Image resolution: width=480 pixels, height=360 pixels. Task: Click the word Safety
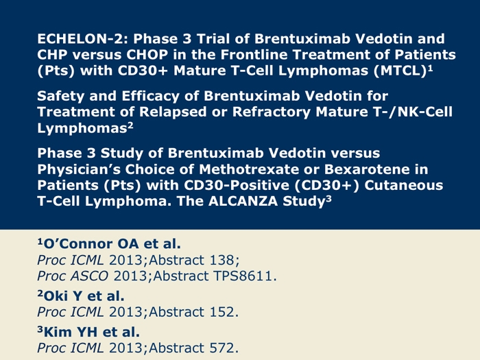(x=60, y=96)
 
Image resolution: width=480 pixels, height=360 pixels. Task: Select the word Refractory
(x=272, y=112)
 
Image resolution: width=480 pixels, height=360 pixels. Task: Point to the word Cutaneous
(x=403, y=185)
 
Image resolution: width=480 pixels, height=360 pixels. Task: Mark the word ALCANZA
(x=243, y=201)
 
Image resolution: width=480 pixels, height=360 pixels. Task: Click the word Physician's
(x=78, y=169)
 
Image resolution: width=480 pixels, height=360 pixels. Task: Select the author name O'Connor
(x=78, y=244)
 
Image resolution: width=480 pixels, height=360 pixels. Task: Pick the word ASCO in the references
(x=89, y=276)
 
